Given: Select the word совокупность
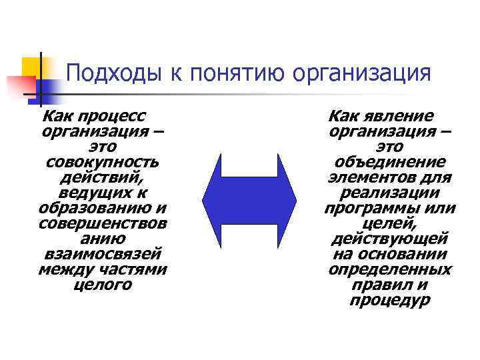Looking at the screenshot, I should (x=102, y=162).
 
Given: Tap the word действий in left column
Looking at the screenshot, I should (x=102, y=177).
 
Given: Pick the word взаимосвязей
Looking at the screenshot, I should (x=102, y=255).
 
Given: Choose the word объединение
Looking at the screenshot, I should (x=390, y=162).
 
